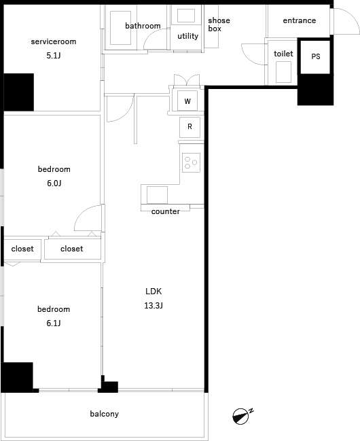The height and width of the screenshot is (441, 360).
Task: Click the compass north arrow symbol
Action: coord(242,416)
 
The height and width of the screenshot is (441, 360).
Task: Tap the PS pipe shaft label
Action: coord(316,56)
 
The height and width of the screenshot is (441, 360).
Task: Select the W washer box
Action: coord(187,101)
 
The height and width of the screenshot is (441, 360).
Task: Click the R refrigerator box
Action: coord(190,127)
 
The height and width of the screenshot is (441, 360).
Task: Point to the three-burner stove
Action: coord(192,162)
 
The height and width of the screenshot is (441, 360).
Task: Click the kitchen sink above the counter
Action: coord(157,194)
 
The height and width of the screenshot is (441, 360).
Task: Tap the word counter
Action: coord(165,211)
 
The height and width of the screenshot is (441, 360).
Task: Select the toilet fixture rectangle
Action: coord(283,72)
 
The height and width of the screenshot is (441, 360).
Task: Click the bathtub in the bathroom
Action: coord(120,28)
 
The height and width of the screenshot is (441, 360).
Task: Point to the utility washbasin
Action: coord(186,16)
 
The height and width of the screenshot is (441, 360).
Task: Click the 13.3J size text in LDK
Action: coord(154,305)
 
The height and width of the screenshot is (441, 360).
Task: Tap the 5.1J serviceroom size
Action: coord(54,56)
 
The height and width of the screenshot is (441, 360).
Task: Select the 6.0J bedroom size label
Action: coord(54,183)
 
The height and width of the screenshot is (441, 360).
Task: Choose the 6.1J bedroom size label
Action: coord(54,323)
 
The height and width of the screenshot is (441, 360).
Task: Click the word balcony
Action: coord(105,414)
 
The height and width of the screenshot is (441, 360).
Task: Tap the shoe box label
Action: coord(219,24)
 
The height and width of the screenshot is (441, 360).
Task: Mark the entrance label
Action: coord(300,20)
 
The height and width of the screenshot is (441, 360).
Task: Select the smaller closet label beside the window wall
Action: coord(22,249)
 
